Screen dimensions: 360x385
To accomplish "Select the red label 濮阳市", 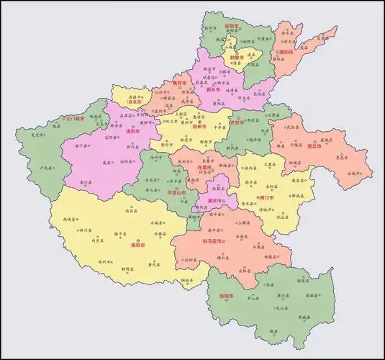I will (286, 53).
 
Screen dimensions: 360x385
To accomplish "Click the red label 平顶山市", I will (176, 193).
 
